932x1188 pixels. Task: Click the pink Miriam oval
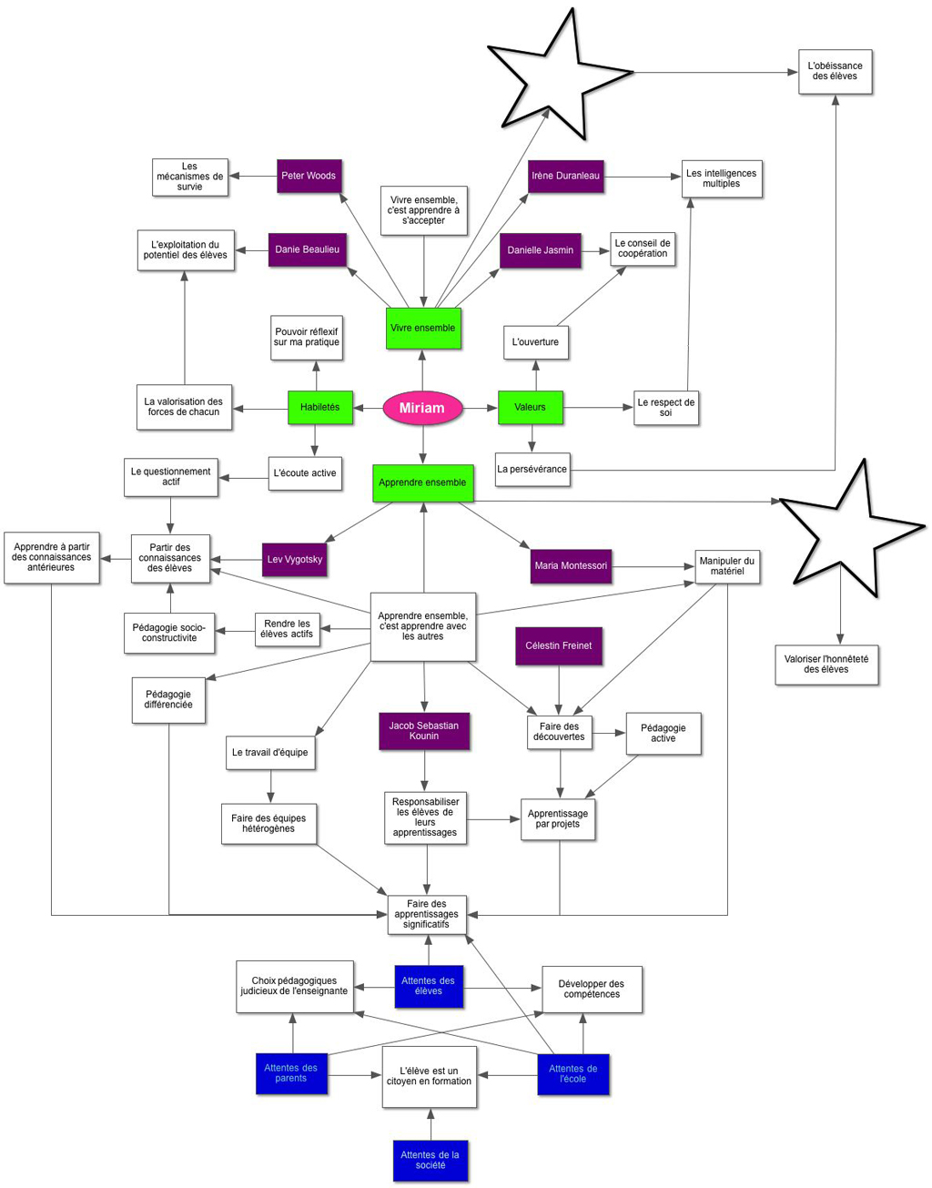[x=422, y=408]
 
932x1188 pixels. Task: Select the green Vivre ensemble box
[x=423, y=328]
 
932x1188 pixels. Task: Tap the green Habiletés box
[x=320, y=407]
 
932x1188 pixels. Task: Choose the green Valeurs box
[x=530, y=407]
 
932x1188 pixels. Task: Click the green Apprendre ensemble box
[x=422, y=482]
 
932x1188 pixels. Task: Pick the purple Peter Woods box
[x=309, y=176]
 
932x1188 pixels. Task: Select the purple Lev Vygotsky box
[x=294, y=559]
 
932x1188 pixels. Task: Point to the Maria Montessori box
[x=571, y=565]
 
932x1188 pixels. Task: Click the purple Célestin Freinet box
[x=558, y=645]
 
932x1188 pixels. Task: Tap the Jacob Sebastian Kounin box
[x=424, y=730]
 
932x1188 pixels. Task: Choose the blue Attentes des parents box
[x=291, y=1072]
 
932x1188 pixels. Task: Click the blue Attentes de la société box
[x=431, y=1160]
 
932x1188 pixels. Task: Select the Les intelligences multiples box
[x=722, y=178]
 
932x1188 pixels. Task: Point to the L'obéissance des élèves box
[x=835, y=71]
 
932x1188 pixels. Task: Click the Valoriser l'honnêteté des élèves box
[x=826, y=664]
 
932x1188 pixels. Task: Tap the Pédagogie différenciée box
[x=168, y=699]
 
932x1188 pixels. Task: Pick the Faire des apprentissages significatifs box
[x=427, y=914]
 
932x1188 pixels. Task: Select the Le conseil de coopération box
[x=643, y=249]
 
